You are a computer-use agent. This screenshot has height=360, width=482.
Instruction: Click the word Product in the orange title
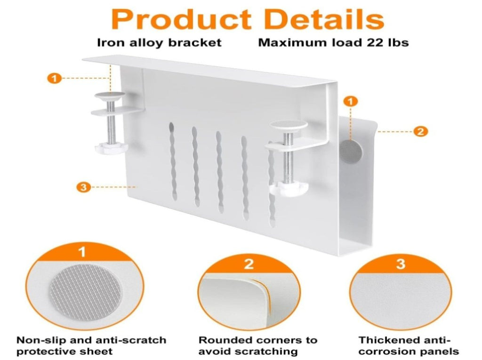[181, 19]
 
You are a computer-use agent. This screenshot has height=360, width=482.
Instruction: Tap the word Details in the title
[324, 19]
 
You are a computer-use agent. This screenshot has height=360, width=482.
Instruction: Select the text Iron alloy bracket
[159, 42]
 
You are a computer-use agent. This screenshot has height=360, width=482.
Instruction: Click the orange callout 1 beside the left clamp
[55, 79]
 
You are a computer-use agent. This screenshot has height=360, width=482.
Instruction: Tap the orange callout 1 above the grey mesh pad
[351, 101]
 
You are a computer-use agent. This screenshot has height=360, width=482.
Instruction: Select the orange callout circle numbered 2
[420, 132]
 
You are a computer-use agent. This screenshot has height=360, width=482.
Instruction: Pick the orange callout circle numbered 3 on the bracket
[83, 187]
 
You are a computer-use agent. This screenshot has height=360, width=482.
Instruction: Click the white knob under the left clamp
[111, 148]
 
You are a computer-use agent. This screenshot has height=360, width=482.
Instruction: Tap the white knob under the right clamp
[289, 188]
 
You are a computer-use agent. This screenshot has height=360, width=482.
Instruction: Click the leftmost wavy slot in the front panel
[173, 161]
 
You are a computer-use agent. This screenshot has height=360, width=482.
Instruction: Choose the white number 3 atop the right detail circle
[401, 264]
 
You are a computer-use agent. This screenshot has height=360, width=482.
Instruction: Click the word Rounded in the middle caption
[225, 340]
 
